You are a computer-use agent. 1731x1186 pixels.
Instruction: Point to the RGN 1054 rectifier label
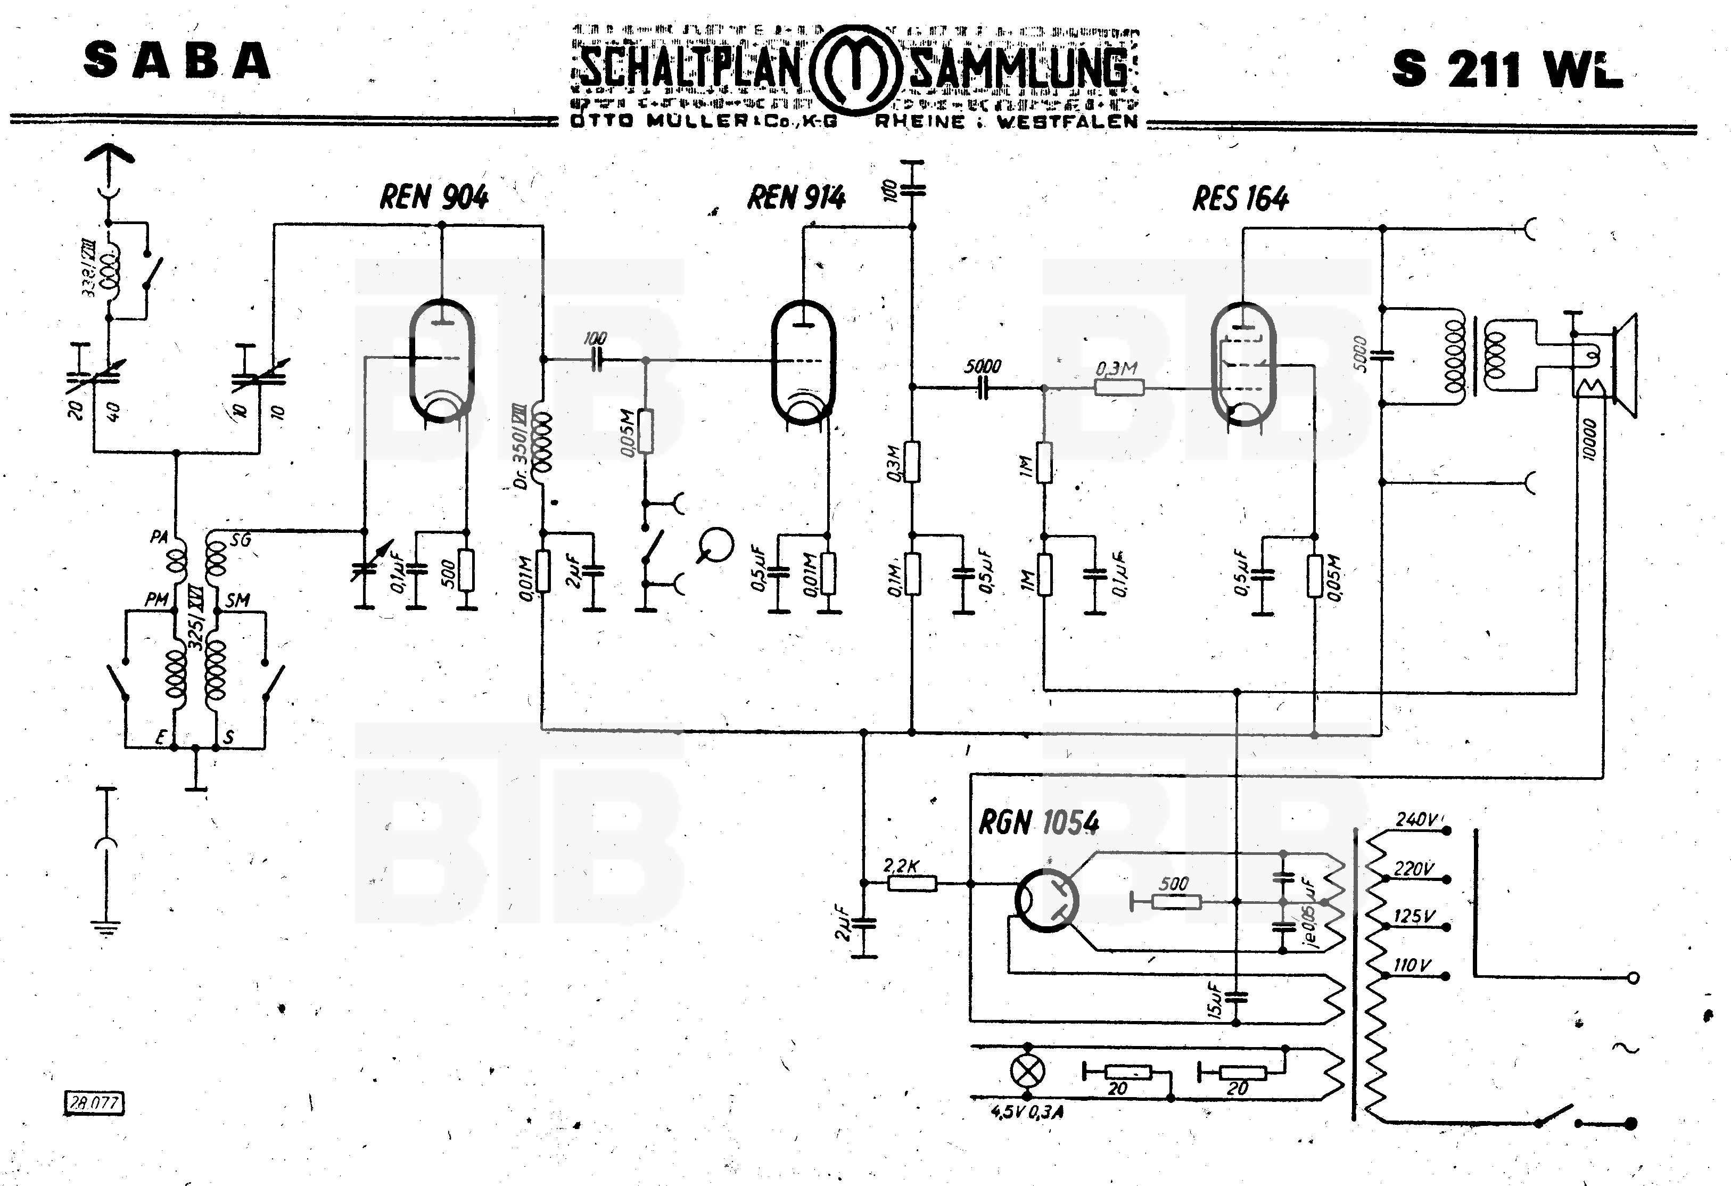click(x=1038, y=822)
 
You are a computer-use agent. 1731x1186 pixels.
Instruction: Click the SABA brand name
click(x=177, y=61)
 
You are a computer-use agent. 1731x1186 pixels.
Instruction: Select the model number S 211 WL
click(x=1506, y=69)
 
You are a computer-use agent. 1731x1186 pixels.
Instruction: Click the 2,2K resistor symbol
click(x=912, y=884)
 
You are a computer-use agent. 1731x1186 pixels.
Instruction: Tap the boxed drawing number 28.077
click(x=94, y=1102)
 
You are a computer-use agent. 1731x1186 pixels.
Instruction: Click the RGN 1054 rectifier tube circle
click(x=1046, y=900)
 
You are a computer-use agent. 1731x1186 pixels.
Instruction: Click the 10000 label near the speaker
click(x=1589, y=440)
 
